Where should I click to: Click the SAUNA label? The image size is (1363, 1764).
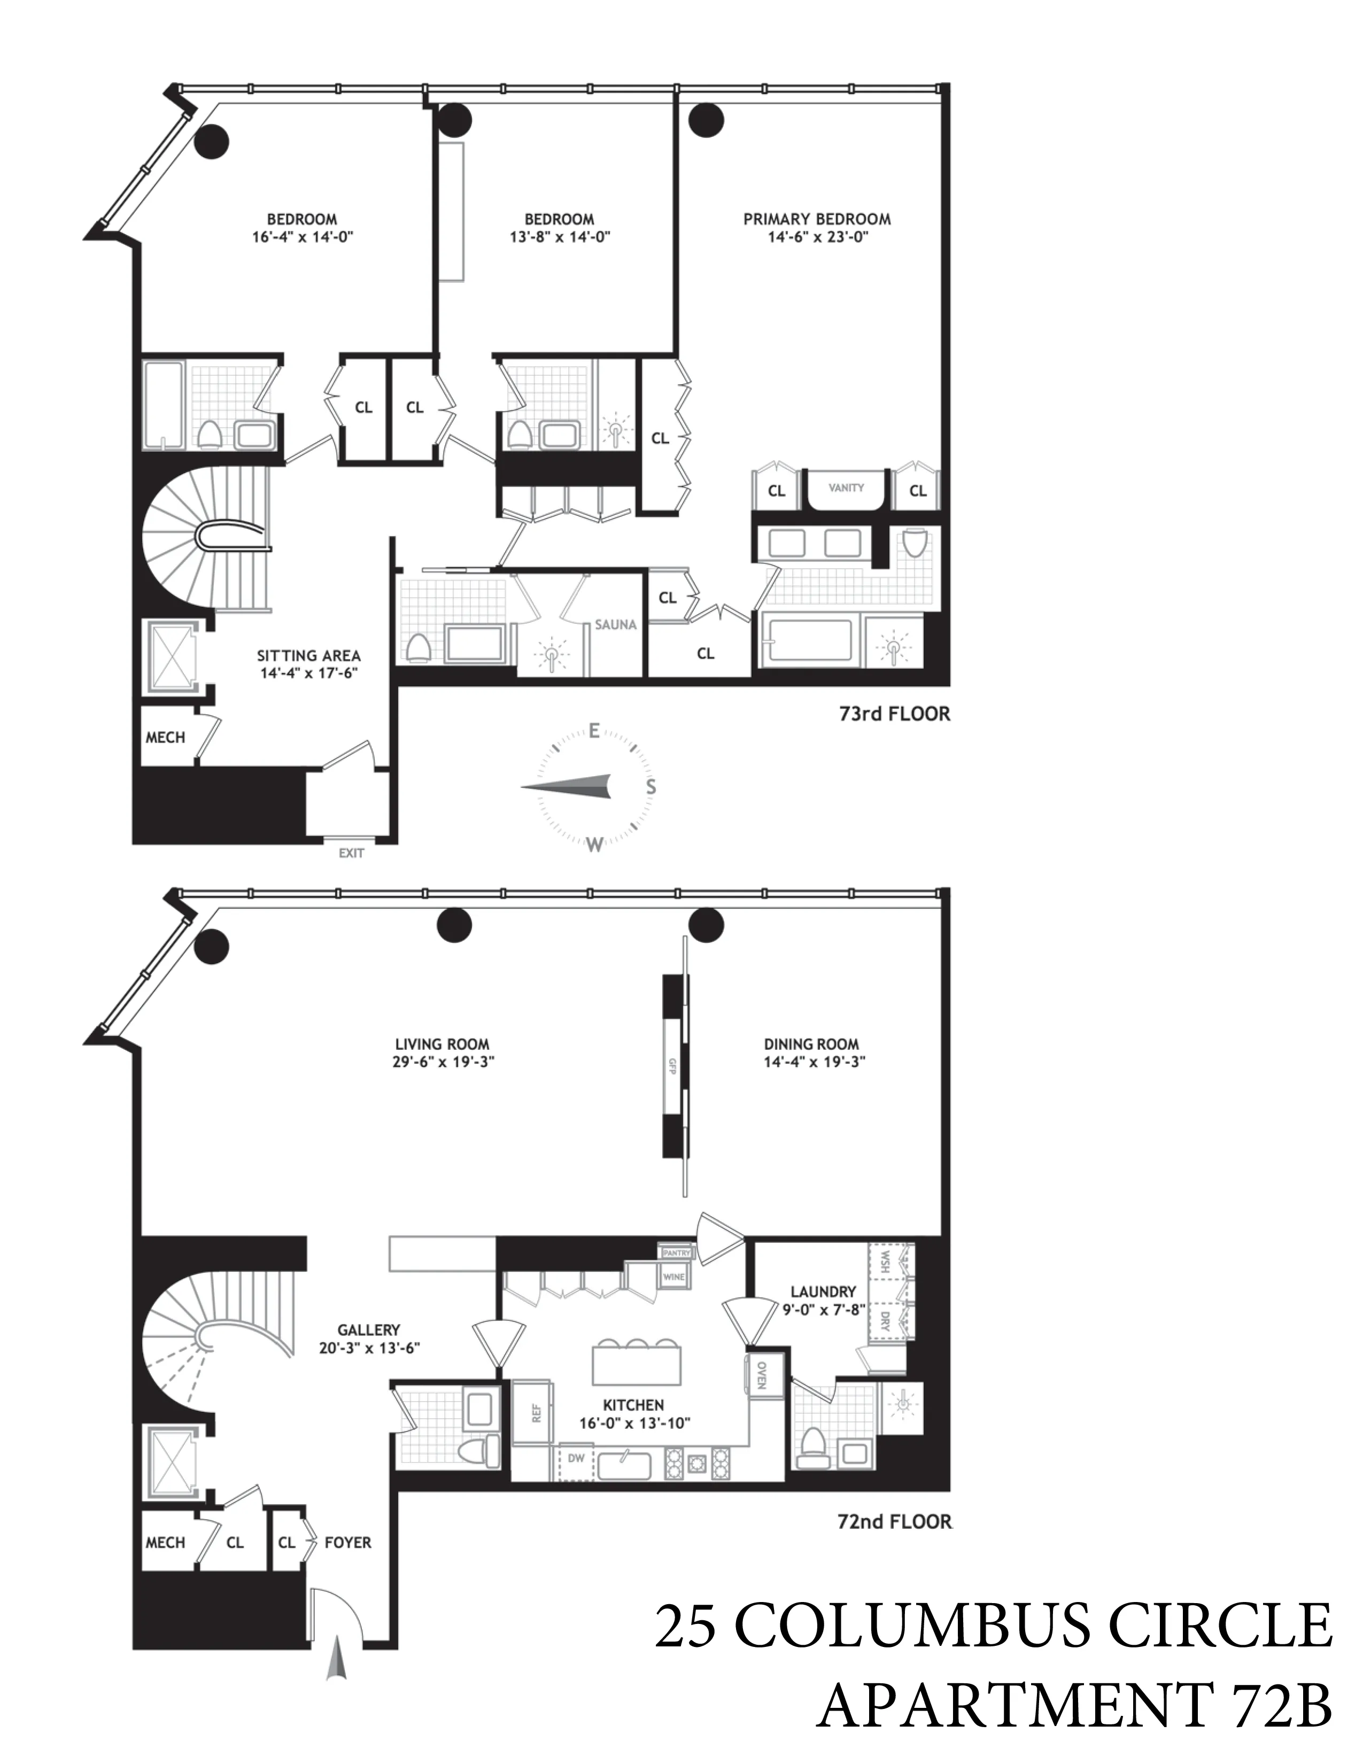tap(615, 624)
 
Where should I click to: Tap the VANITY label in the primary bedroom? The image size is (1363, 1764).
tap(846, 488)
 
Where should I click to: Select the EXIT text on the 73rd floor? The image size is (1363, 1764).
tap(351, 853)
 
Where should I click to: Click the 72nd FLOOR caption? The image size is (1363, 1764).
tap(894, 1522)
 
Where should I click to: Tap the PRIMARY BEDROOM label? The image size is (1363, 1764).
tap(817, 219)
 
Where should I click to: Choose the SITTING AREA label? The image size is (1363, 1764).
tap(308, 656)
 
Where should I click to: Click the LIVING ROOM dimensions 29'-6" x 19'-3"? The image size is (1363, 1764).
tap(443, 1062)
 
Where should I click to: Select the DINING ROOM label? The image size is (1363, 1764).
tap(811, 1045)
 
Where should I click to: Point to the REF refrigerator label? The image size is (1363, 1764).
tap(536, 1413)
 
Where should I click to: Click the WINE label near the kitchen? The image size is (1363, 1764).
tap(673, 1277)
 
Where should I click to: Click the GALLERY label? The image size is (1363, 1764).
tap(368, 1329)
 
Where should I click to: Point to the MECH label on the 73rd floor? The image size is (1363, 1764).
tap(166, 738)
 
